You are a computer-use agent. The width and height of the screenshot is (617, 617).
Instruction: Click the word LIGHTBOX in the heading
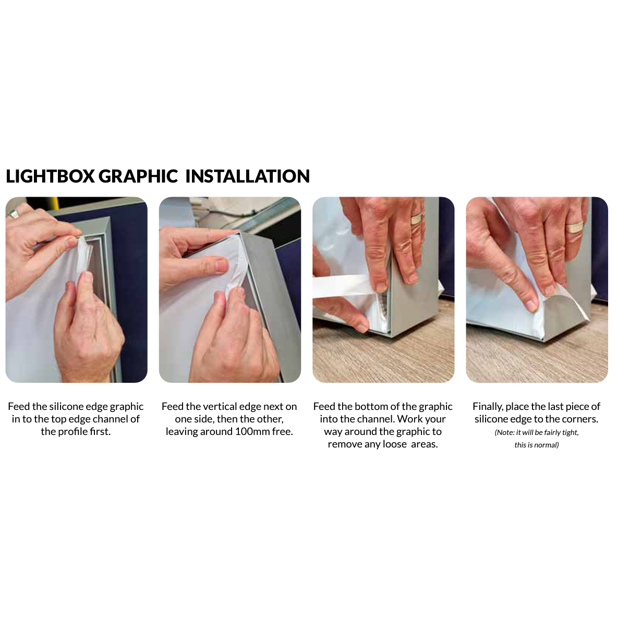point(51,176)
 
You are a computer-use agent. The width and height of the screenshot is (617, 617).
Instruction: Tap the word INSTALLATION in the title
point(248,176)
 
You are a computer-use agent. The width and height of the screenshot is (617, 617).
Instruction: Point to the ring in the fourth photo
point(575,227)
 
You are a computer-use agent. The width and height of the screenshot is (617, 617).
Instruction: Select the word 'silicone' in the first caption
point(67,406)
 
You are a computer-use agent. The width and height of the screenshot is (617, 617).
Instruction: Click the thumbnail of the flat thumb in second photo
point(221,265)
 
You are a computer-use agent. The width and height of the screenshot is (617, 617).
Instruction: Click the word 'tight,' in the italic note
point(570,432)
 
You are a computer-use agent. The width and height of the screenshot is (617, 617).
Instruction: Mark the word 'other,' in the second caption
point(270,419)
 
